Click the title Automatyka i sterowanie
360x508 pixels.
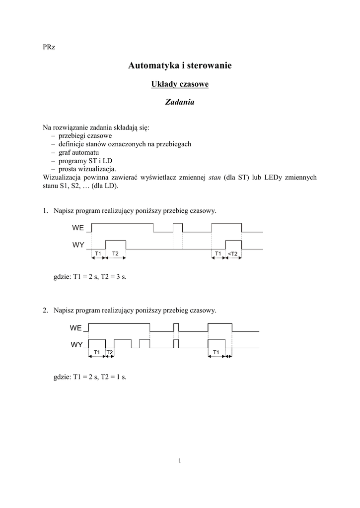[x=180, y=65]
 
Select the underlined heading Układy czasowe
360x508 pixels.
[x=180, y=84]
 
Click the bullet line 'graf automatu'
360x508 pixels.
[x=79, y=152]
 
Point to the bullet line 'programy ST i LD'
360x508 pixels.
[x=85, y=161]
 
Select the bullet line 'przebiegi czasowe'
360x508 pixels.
[x=85, y=135]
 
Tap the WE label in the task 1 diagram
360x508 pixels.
[x=78, y=228]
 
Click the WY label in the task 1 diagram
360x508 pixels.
[x=78, y=245]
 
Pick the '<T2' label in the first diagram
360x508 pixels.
[x=233, y=254]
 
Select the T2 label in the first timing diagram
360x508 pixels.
[x=115, y=254]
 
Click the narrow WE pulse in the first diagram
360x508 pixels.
[x=178, y=228]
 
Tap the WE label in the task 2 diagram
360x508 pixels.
[x=76, y=328]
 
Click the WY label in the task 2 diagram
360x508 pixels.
[x=76, y=344]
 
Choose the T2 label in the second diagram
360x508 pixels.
[x=110, y=352]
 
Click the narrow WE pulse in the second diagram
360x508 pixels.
[x=176, y=327]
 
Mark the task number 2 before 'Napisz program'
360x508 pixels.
[x=45, y=311]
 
